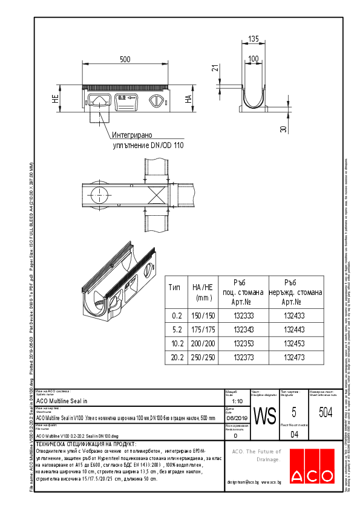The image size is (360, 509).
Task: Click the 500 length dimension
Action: (x=125, y=59)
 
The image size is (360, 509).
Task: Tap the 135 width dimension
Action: (x=254, y=39)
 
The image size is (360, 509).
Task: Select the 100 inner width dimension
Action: (x=254, y=59)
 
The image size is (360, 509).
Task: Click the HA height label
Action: (x=188, y=99)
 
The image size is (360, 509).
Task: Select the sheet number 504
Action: (x=324, y=412)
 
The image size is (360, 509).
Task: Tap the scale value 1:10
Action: (x=238, y=401)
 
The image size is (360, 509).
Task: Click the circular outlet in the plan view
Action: (x=98, y=193)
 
